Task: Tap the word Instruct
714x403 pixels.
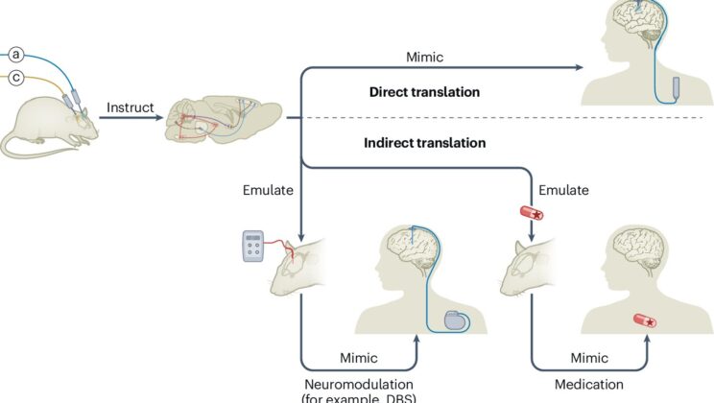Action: point(130,107)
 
